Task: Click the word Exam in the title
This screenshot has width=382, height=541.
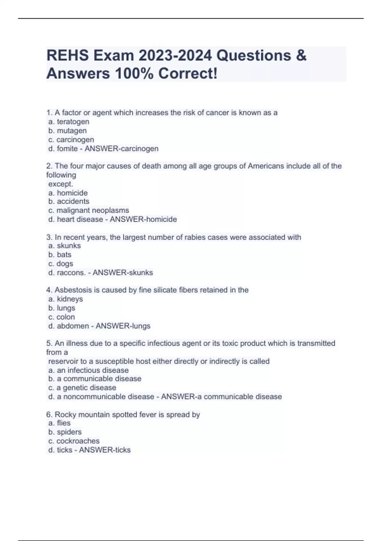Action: point(114,56)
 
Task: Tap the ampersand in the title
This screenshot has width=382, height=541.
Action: point(301,56)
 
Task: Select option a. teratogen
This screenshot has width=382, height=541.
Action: point(69,122)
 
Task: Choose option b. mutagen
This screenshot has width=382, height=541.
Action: point(67,130)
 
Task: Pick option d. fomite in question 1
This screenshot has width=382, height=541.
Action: point(63,149)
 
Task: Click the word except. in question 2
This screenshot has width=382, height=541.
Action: point(60,184)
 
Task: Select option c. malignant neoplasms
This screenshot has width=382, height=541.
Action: point(88,210)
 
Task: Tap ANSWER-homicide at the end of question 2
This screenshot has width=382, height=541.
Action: point(143,219)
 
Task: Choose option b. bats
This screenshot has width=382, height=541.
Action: point(60,255)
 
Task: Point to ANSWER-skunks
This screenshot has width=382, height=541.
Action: point(123,273)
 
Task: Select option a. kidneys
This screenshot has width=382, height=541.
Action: point(66,299)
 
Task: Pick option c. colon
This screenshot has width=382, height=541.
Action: point(61,317)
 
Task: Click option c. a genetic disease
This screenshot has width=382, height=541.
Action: point(82,388)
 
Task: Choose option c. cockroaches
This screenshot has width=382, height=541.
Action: point(74,441)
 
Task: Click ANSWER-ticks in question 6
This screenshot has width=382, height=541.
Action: point(105,450)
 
